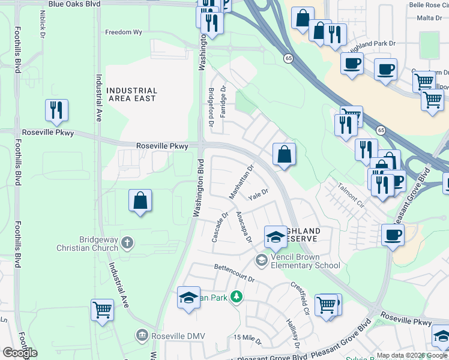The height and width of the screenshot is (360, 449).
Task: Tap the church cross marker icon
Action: click(127, 242)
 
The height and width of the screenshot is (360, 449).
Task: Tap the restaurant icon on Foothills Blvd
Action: click(56, 110)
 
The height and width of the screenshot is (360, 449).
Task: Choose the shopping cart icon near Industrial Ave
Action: click(102, 310)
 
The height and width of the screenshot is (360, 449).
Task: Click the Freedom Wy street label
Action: click(125, 32)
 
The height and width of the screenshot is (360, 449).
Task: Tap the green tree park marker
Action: click(237, 296)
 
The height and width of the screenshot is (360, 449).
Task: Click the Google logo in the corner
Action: click(20, 353)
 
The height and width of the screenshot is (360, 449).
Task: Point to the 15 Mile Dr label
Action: click(248, 339)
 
